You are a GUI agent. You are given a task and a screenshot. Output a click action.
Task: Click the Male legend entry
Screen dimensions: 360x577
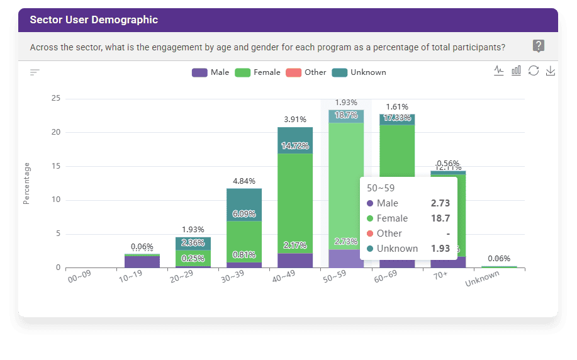pos(211,72)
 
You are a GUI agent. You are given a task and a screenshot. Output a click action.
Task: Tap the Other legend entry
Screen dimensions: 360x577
pos(306,72)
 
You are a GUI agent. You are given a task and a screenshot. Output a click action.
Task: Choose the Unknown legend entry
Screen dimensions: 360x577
pos(359,72)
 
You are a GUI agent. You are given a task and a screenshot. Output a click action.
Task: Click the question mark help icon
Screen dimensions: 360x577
pos(539,46)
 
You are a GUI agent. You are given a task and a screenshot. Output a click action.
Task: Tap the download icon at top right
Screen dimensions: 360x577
pos(551,70)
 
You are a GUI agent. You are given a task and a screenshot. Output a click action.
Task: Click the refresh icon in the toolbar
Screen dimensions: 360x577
pos(534,70)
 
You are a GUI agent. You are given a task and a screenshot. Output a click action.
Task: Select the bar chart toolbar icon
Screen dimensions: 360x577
pos(516,70)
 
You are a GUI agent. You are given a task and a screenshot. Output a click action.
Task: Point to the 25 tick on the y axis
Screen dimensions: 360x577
pos(55,98)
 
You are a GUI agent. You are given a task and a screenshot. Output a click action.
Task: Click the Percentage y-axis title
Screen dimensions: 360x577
pos(26,183)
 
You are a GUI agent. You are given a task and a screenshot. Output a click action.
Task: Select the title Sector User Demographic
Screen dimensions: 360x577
pos(94,20)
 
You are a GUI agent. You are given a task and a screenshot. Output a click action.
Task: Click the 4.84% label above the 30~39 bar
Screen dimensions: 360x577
pos(244,181)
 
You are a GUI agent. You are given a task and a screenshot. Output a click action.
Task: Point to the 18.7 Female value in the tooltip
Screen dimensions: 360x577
pos(440,218)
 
